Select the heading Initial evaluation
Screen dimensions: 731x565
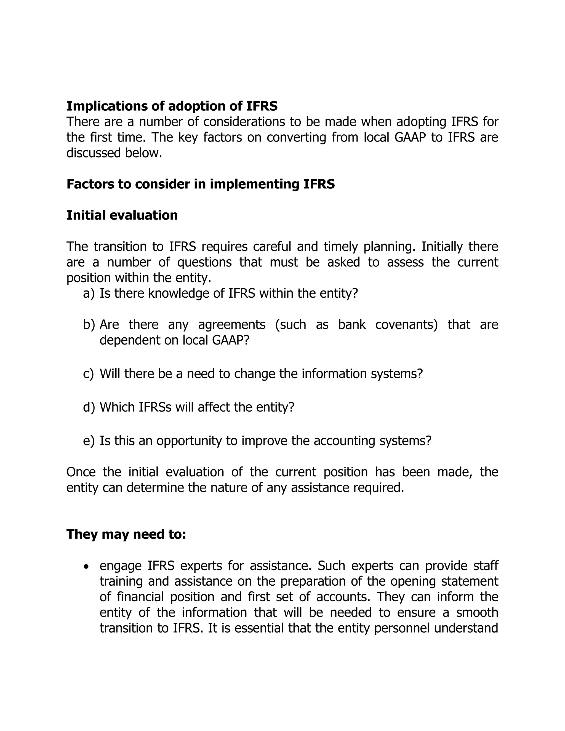pyautogui.click(x=122, y=215)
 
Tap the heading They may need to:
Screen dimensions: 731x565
pyautogui.click(x=126, y=534)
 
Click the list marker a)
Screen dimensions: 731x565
pyautogui.click(x=89, y=294)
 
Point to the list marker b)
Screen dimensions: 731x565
pyautogui.click(x=89, y=325)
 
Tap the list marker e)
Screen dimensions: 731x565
pyautogui.click(x=89, y=441)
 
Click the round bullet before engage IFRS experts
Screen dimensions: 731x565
pyautogui.click(x=86, y=567)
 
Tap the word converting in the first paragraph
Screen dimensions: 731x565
pyautogui.click(x=296, y=138)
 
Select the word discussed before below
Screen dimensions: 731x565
pyautogui.click(x=94, y=153)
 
